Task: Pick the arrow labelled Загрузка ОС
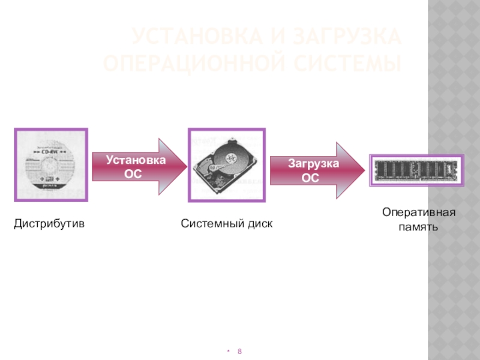(316, 170)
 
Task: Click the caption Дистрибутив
(49, 224)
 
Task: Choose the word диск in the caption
(261, 224)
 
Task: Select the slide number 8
(240, 350)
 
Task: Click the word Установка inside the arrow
(136, 160)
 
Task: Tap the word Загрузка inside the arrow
(313, 164)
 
